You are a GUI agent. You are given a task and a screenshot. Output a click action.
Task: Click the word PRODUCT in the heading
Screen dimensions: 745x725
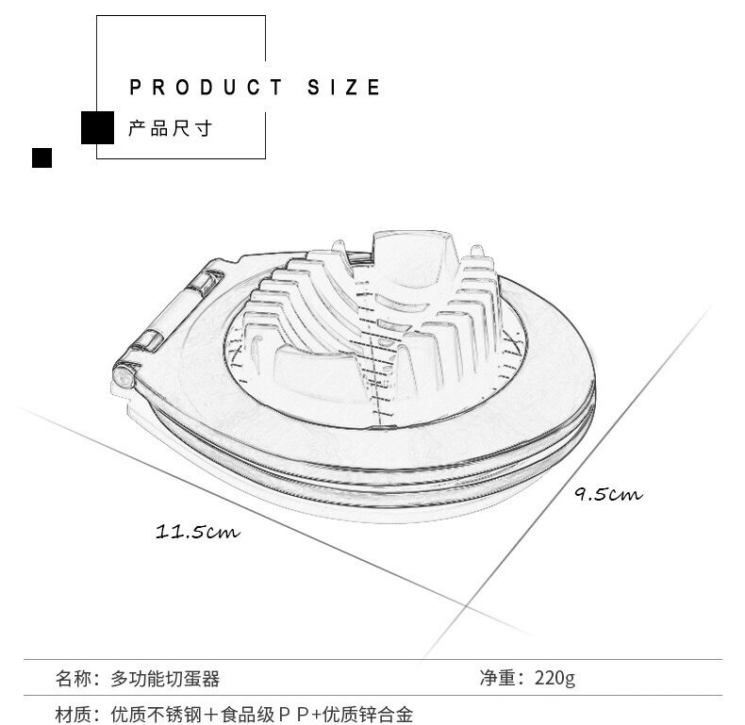click(x=206, y=88)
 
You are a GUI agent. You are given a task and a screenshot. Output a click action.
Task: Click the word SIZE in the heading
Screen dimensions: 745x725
click(x=343, y=88)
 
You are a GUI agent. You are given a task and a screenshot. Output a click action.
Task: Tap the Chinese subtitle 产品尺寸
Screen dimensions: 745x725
click(x=170, y=129)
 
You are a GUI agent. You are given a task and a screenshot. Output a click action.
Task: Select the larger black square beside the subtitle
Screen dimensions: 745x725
click(x=97, y=128)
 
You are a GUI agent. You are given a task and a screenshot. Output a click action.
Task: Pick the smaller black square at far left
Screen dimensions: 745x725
click(x=41, y=157)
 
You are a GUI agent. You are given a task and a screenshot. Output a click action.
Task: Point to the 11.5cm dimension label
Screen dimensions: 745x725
click(x=198, y=531)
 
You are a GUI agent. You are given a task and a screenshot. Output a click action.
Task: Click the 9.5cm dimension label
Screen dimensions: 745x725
click(x=608, y=494)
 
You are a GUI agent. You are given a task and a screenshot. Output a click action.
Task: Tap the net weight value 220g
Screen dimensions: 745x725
click(x=555, y=678)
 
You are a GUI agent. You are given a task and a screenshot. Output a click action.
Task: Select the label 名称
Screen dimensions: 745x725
click(x=74, y=679)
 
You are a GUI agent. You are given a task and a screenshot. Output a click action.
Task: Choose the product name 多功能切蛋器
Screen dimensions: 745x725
click(x=165, y=679)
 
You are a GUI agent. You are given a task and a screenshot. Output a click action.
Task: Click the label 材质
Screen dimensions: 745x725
click(x=74, y=715)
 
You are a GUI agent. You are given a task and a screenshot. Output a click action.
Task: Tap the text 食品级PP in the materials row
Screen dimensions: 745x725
click(x=266, y=715)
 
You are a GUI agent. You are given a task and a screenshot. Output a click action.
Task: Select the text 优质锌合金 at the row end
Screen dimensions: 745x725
click(x=368, y=715)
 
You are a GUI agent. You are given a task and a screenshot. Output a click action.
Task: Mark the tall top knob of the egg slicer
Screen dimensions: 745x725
click(x=414, y=259)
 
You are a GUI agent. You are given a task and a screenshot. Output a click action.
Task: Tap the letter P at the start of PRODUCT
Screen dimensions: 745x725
click(x=136, y=88)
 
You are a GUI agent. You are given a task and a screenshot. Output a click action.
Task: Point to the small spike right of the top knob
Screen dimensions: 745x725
click(x=477, y=252)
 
